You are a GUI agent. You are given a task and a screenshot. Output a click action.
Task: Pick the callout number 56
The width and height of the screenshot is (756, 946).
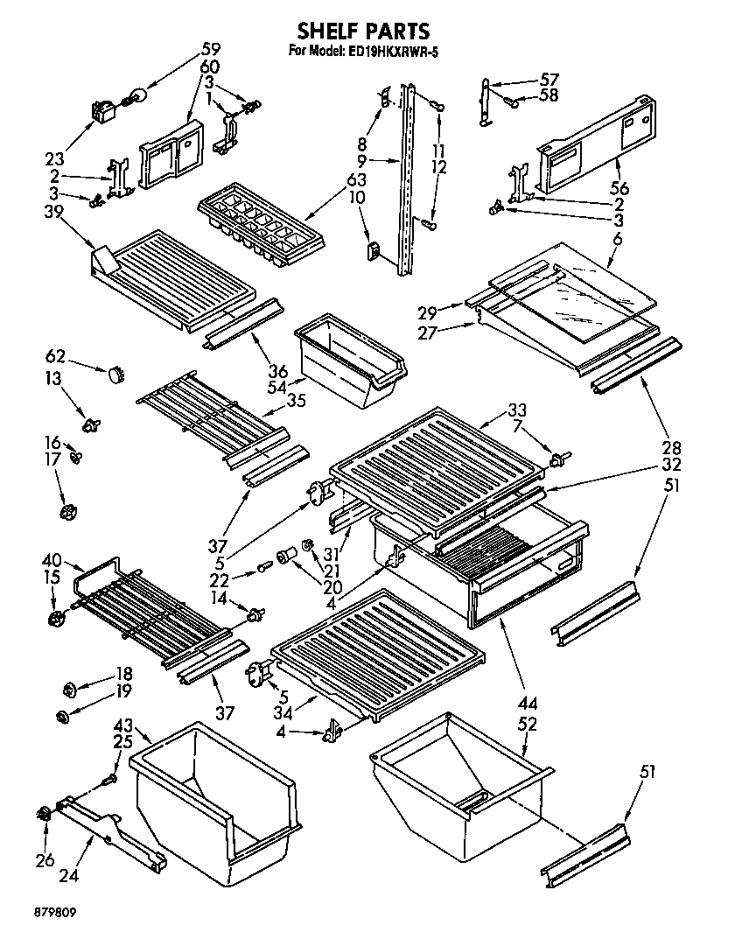click(x=619, y=188)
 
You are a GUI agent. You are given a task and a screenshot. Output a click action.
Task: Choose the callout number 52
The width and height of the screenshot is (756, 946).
click(x=527, y=725)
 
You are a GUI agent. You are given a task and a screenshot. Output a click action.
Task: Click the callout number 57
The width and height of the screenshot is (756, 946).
click(x=549, y=79)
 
